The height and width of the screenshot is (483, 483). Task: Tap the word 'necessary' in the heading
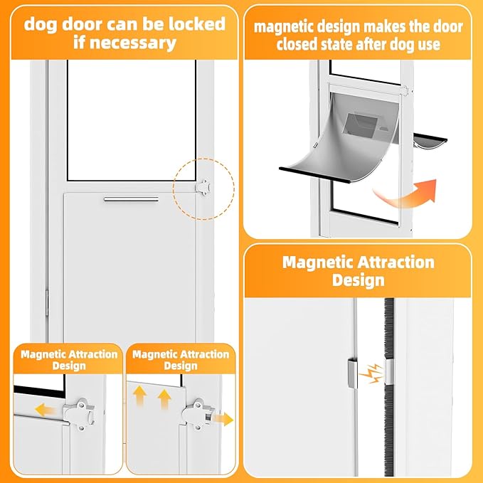pyautogui.click(x=133, y=43)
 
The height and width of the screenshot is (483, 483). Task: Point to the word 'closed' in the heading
pyautogui.click(x=297, y=44)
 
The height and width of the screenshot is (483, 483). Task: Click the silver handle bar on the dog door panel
pyautogui.click(x=131, y=199)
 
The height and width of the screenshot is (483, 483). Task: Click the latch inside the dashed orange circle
pyautogui.click(x=203, y=187)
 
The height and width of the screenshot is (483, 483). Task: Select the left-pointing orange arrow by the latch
pyautogui.click(x=46, y=410)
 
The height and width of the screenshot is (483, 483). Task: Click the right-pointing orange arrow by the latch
pyautogui.click(x=223, y=419)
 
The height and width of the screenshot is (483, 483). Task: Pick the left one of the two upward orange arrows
pyautogui.click(x=140, y=397)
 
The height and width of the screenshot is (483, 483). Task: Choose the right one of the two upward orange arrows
pyautogui.click(x=164, y=399)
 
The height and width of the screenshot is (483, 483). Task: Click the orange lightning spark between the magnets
pyautogui.click(x=371, y=373)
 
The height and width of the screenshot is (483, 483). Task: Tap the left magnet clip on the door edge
pyautogui.click(x=352, y=373)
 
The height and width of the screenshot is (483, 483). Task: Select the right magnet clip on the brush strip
pyautogui.click(x=389, y=372)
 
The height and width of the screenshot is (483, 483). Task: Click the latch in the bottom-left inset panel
pyautogui.click(x=79, y=414)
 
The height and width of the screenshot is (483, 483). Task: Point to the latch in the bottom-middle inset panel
pyautogui.click(x=198, y=414)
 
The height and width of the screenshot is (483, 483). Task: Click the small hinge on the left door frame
pyautogui.click(x=47, y=303)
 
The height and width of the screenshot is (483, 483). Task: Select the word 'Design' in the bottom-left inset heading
pyautogui.click(x=69, y=366)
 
